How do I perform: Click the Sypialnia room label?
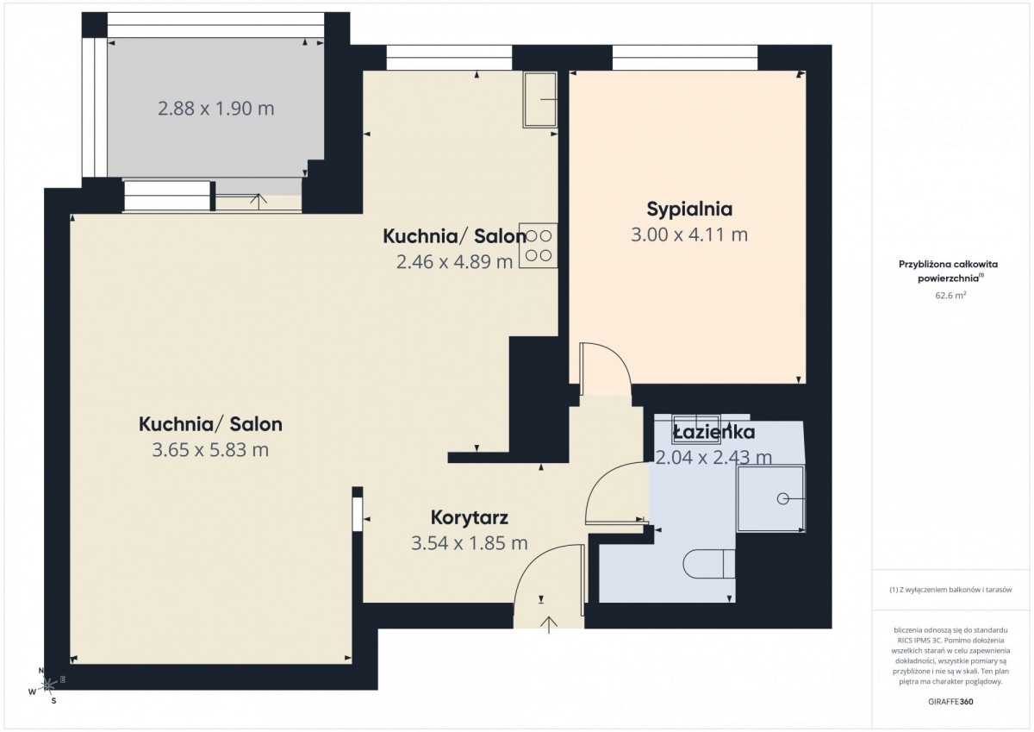click(x=689, y=210)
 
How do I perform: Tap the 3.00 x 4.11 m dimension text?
click(x=689, y=235)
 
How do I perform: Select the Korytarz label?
click(x=470, y=517)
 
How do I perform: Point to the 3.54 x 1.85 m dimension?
click(x=470, y=543)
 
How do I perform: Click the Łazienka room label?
click(x=713, y=432)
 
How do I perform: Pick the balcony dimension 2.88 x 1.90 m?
click(x=216, y=109)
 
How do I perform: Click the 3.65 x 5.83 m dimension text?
click(x=210, y=449)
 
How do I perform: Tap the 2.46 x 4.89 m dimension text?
click(x=455, y=262)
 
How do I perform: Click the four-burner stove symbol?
click(x=539, y=246)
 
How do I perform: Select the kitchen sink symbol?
click(x=540, y=99)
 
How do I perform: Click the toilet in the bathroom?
click(x=709, y=563)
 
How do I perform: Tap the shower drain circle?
click(x=783, y=498)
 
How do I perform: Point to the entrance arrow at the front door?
click(x=549, y=624)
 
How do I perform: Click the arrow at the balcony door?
click(x=258, y=202)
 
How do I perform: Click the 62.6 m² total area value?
click(x=951, y=295)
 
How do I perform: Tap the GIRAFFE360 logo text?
click(x=951, y=702)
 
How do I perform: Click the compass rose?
click(x=47, y=685)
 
